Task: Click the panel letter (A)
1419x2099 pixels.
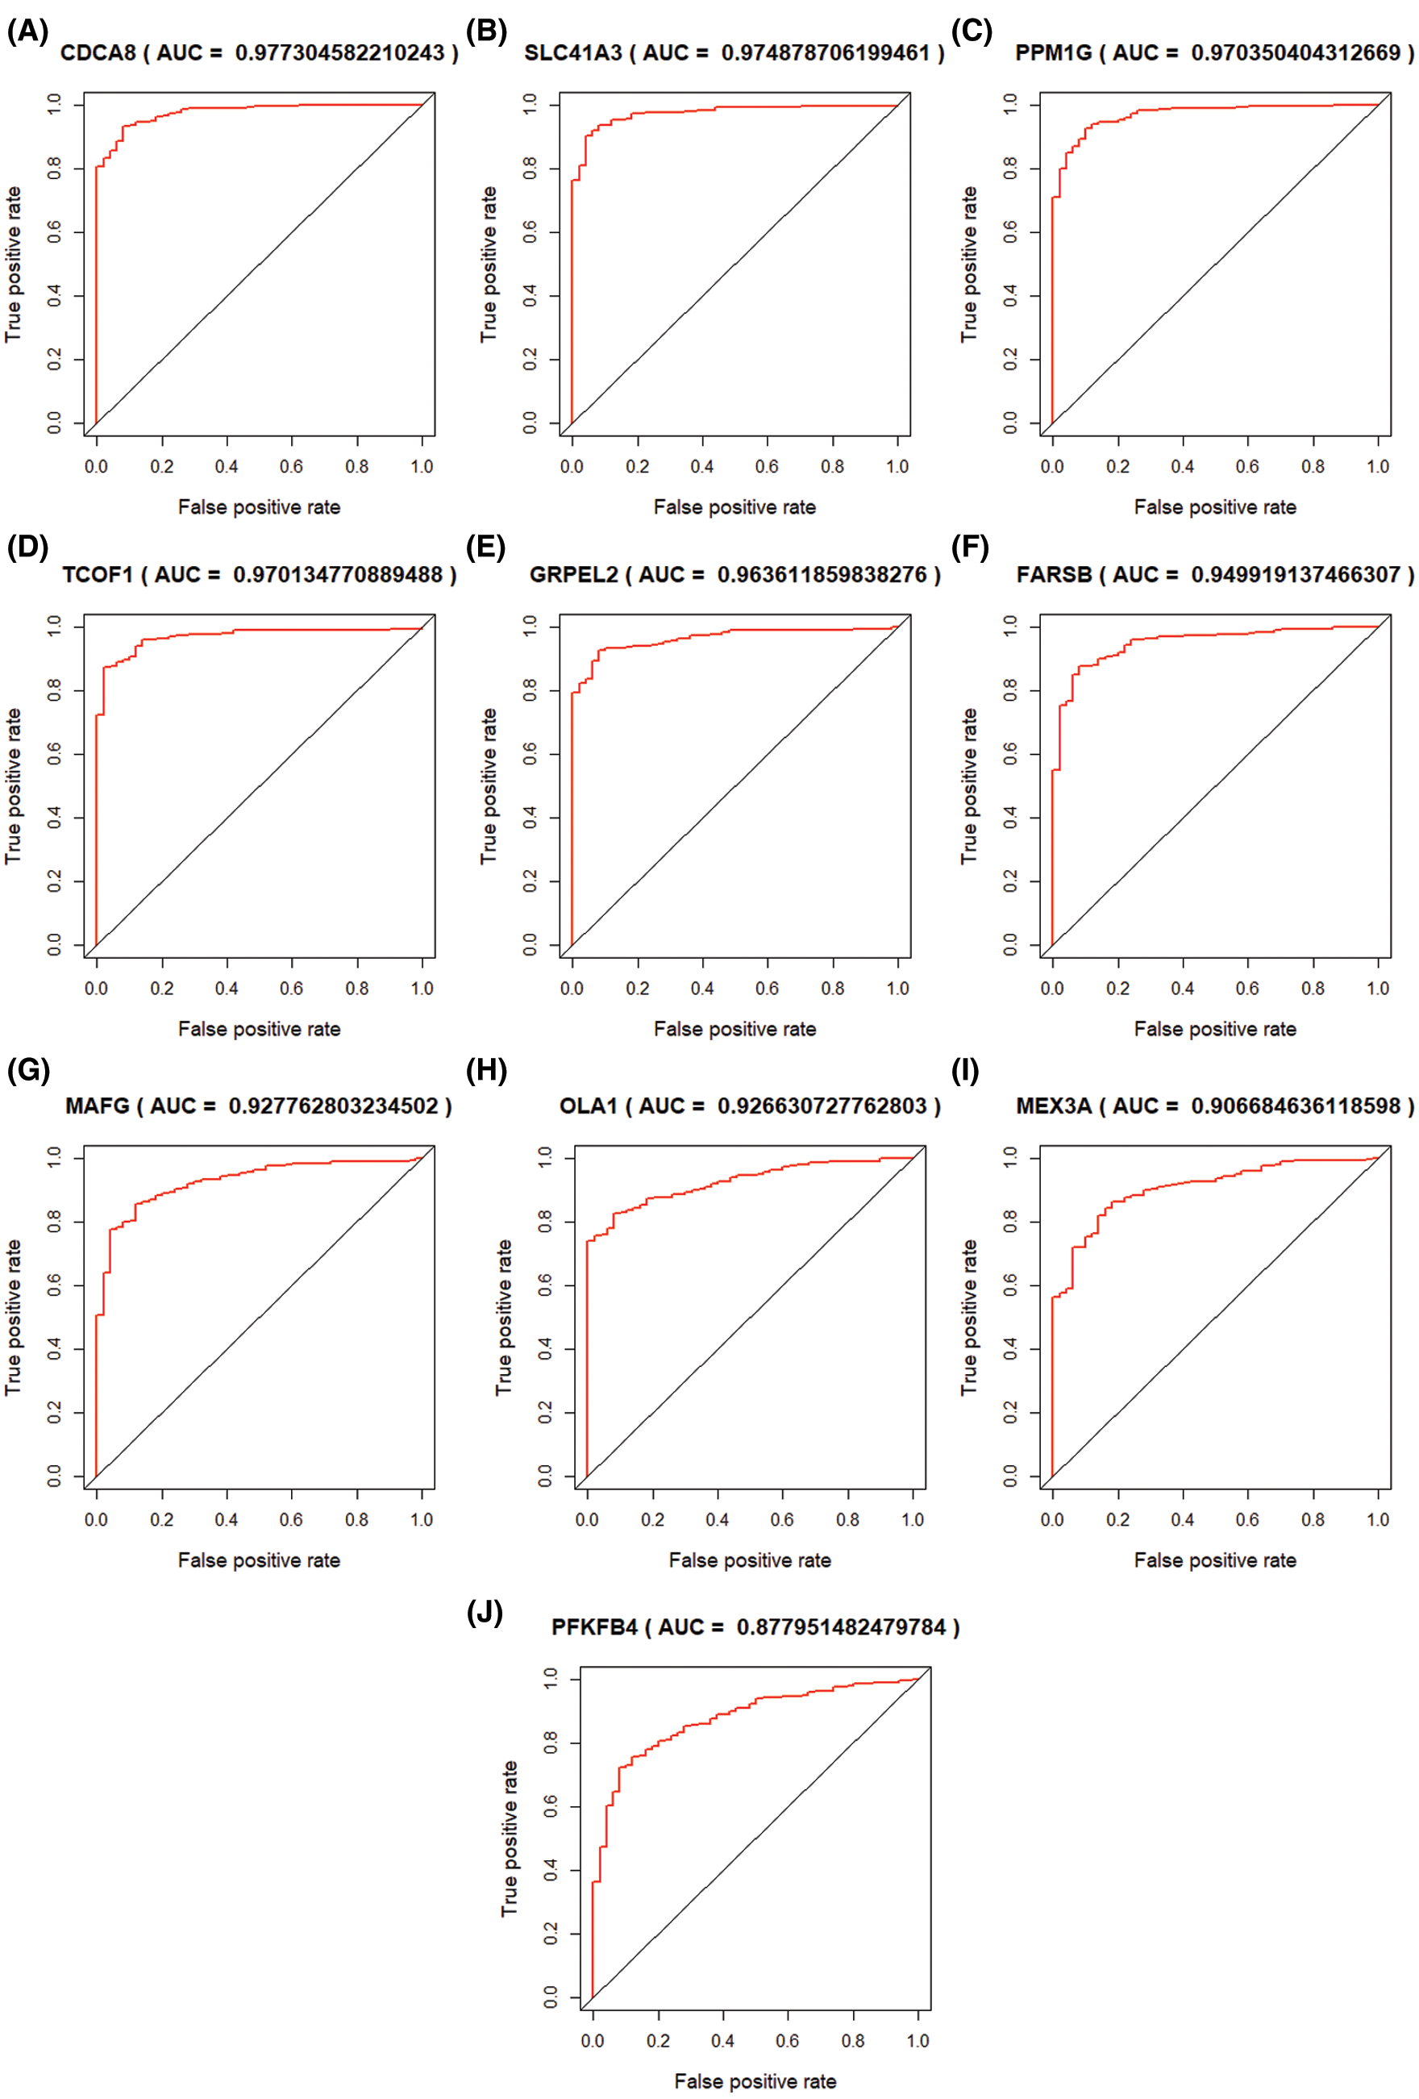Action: pyautogui.click(x=27, y=32)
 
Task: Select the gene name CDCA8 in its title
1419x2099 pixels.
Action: pyautogui.click(x=98, y=53)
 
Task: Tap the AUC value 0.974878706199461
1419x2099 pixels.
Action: pyautogui.click(x=825, y=53)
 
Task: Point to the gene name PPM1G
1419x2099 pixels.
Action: pyautogui.click(x=1053, y=53)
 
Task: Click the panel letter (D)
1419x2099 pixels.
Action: pyautogui.click(x=27, y=548)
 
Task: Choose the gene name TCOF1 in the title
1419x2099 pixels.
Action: pyautogui.click(x=98, y=575)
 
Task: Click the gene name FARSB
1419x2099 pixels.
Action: pyautogui.click(x=1053, y=575)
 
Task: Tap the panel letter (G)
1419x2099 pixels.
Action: pyautogui.click(x=28, y=1070)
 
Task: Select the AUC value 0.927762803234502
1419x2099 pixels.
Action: pyautogui.click(x=332, y=1106)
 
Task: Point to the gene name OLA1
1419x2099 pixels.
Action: pyautogui.click(x=588, y=1106)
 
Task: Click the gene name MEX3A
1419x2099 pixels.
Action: pyautogui.click(x=1053, y=1106)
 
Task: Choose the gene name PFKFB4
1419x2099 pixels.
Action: pyautogui.click(x=593, y=1627)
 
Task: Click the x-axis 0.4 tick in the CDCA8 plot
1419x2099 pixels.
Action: pyautogui.click(x=227, y=467)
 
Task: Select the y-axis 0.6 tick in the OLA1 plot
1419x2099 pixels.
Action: pyautogui.click(x=546, y=1285)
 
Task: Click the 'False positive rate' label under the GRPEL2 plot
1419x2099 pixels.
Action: pyautogui.click(x=734, y=1030)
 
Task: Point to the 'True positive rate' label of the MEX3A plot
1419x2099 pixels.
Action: pyautogui.click(x=968, y=1318)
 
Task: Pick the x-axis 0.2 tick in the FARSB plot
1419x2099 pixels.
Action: pyautogui.click(x=1117, y=989)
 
